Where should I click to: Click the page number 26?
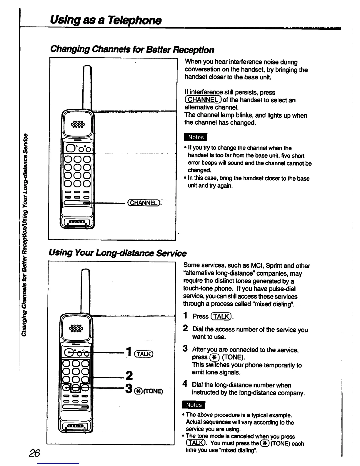[34, 453]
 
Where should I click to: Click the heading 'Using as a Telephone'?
[106, 20]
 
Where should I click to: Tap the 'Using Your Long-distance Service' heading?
[118, 253]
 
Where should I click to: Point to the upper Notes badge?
[196, 137]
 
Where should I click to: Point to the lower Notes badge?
[194, 405]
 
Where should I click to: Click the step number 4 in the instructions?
[185, 384]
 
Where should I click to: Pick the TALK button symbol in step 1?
[221, 316]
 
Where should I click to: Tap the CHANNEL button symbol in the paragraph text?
[203, 100]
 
